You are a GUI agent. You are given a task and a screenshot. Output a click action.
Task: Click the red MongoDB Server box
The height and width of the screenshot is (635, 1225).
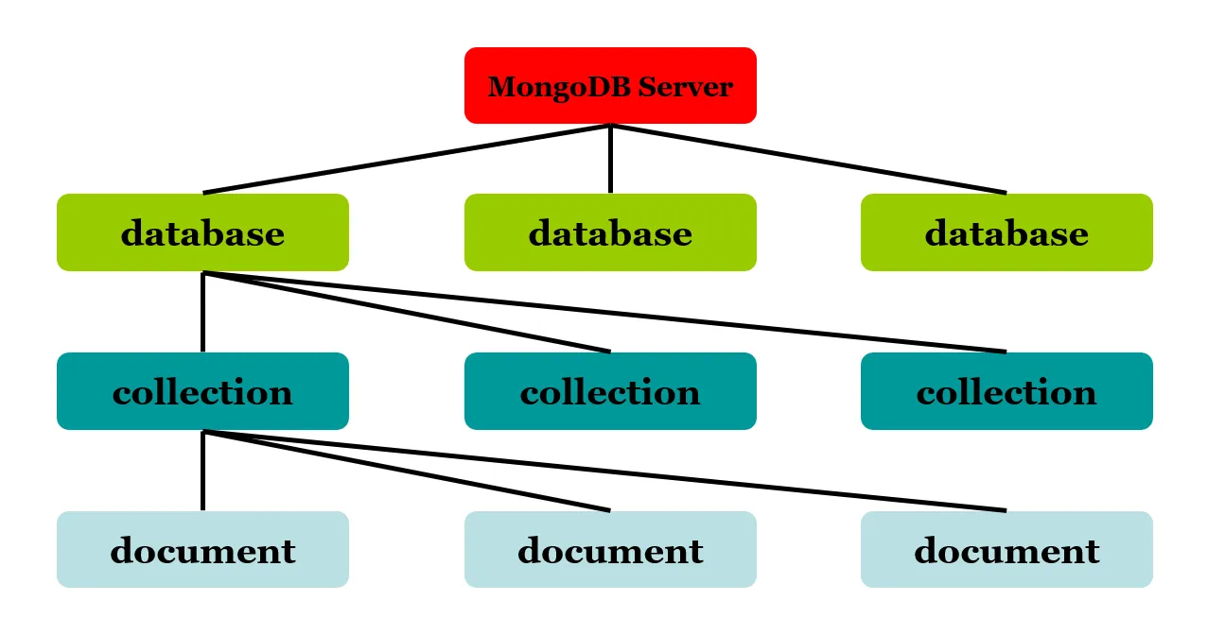610,85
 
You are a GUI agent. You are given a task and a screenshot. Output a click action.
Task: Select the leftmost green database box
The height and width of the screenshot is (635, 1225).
202,232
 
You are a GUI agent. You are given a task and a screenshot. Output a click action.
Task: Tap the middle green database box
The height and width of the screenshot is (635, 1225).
610,232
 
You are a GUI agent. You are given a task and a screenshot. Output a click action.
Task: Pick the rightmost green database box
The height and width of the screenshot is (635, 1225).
1006,232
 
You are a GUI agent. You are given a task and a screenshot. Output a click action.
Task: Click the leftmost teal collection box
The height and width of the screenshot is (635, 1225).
202,391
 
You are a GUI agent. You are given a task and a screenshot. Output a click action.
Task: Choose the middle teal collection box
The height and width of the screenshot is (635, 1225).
610,391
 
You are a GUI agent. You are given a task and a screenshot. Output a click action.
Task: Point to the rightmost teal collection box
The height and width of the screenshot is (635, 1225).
1006,391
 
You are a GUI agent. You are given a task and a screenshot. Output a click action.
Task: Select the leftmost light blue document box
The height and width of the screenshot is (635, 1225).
202,550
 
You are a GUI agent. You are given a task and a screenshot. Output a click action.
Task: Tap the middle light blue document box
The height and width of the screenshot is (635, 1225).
610,550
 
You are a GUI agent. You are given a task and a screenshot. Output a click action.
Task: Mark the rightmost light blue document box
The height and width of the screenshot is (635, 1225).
1006,550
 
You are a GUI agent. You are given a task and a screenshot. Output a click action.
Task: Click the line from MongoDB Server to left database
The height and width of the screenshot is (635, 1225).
407,159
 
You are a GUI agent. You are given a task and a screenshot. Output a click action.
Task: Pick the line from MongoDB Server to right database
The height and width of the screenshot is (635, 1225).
809,159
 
